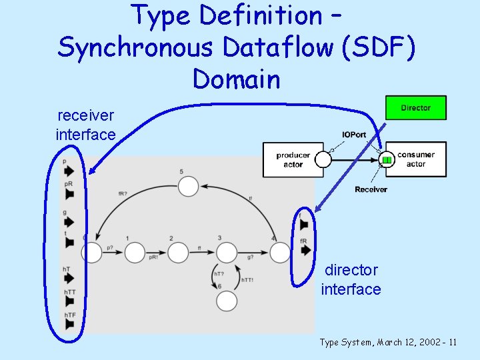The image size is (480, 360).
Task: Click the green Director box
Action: tap(416, 108)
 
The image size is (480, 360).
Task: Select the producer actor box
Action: tap(293, 159)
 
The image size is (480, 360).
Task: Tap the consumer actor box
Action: tap(415, 159)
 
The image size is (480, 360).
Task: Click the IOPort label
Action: tap(353, 135)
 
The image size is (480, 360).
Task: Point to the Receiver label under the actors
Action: tap(371, 189)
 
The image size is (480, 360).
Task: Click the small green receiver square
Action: tap(386, 160)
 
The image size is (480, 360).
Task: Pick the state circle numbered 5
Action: tap(189, 186)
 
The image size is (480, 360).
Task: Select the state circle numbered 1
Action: tap(135, 253)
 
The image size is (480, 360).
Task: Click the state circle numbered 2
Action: tap(178, 253)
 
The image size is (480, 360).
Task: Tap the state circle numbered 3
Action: tap(227, 253)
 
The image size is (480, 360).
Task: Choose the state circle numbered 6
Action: tap(227, 301)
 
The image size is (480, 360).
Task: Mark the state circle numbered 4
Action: tap(280, 253)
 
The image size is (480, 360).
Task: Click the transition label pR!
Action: tap(153, 257)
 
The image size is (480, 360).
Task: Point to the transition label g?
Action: tap(250, 257)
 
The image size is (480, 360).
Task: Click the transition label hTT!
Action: tap(247, 280)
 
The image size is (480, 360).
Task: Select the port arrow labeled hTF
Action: tap(69, 324)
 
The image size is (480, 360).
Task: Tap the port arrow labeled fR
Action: tap(305, 251)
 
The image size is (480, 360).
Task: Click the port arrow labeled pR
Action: tap(69, 194)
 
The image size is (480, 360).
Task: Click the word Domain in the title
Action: tap(237, 79)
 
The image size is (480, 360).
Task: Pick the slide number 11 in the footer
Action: tap(453, 343)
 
